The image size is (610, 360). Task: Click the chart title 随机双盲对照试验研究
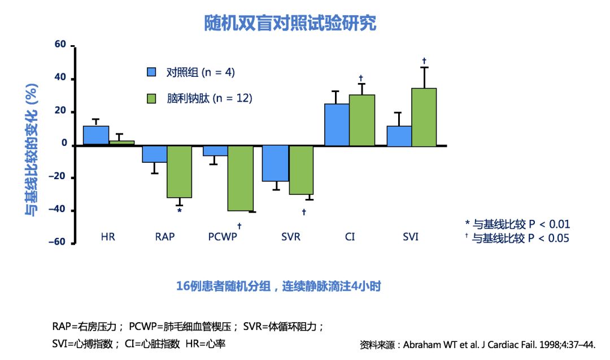point(290,23)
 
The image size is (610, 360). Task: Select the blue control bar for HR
point(96,136)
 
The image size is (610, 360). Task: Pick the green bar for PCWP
point(240,178)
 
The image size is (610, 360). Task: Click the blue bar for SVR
point(276,163)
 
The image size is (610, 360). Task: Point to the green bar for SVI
point(424,117)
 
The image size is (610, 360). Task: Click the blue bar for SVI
point(399,136)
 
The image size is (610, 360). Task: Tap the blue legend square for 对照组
point(151,72)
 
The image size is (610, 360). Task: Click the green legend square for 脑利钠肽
point(151,98)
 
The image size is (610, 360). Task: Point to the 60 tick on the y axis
point(60,45)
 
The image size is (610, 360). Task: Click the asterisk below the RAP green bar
point(180,211)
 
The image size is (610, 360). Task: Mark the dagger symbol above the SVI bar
point(424,60)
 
